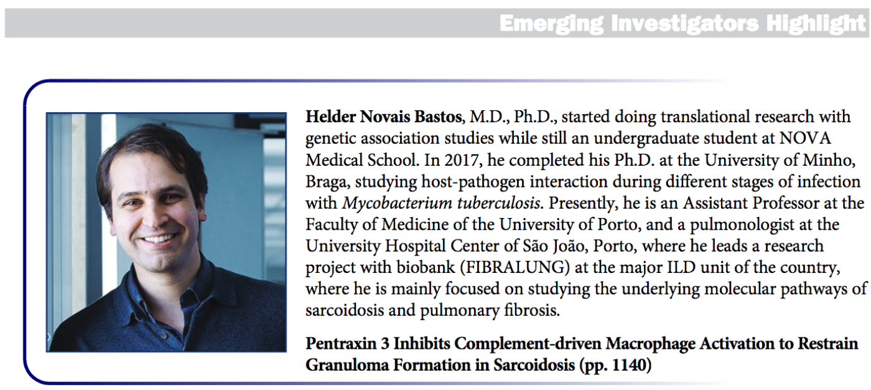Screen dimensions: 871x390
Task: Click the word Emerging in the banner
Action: pos(551,23)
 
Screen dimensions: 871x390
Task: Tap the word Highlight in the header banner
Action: pos(816,23)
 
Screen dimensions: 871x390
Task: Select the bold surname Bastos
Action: pos(438,117)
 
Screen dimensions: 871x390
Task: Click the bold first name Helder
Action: pos(330,117)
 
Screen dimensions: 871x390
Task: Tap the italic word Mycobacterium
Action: pos(397,203)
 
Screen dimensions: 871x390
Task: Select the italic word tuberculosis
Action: pos(498,203)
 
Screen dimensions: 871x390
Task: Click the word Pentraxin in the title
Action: pos(341,344)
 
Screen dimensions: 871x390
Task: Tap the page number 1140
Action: pos(629,365)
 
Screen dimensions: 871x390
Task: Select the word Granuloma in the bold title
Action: pos(347,365)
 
